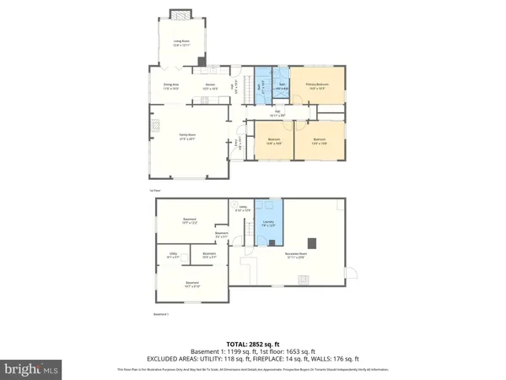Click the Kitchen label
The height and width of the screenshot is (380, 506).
point(211,85)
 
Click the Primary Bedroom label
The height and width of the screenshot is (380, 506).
point(315,85)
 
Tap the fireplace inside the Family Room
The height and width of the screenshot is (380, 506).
point(152,143)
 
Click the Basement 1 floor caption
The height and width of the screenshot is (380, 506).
point(161,315)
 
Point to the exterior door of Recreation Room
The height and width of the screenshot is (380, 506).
point(353,274)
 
